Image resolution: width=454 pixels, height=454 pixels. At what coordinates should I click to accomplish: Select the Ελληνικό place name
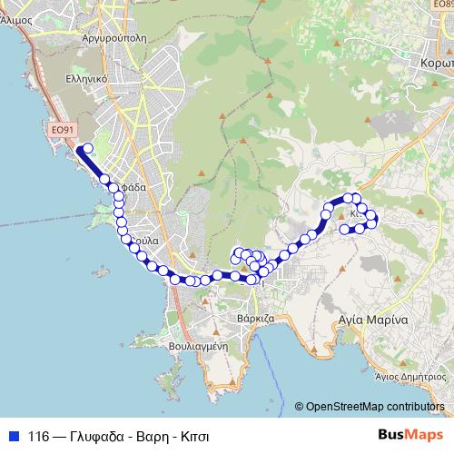coord(87,78)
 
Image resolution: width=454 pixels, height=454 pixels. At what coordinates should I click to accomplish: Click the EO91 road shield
coord(62,131)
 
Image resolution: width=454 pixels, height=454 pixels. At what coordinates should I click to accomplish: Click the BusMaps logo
coord(409,436)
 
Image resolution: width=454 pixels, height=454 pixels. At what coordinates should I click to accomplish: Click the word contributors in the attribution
coord(417,406)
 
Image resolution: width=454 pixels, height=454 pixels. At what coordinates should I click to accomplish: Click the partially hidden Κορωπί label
coord(437,64)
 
